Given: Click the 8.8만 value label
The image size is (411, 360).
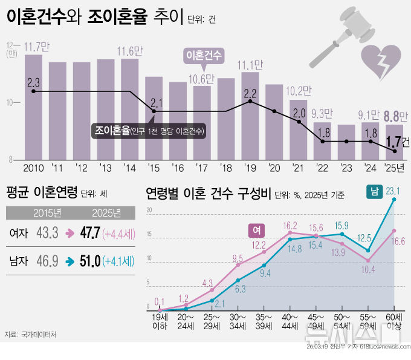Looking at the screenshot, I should pyautogui.click(x=391, y=116).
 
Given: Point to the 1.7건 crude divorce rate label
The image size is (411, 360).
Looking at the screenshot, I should pyautogui.click(x=397, y=142).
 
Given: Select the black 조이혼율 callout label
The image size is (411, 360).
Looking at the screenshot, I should pyautogui.click(x=149, y=130).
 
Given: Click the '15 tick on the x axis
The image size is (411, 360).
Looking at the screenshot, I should pyautogui.click(x=154, y=167).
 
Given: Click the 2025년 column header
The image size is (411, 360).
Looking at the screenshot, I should pyautogui.click(x=106, y=212).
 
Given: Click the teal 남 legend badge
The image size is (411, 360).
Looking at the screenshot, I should pyautogui.click(x=374, y=192).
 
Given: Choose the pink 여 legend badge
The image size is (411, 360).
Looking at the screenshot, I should pyautogui.click(x=256, y=230).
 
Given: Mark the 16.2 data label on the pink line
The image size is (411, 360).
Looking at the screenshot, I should pyautogui.click(x=290, y=225).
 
